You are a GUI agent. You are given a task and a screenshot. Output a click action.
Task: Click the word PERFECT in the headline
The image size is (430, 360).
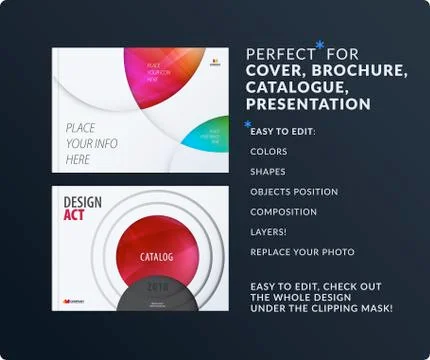click(x=278, y=55)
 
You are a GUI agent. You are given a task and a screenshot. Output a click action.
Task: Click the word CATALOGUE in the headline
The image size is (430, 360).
click(x=290, y=88)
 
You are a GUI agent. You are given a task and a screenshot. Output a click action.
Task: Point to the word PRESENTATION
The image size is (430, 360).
click(x=307, y=104)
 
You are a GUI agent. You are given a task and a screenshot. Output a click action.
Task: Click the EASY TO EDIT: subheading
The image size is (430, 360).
click(x=284, y=132)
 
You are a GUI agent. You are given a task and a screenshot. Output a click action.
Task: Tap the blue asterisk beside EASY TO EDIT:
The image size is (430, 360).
click(x=247, y=124)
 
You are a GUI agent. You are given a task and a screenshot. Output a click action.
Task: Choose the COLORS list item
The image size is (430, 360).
click(x=269, y=152)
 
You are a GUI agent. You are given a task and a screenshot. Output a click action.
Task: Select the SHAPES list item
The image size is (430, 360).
click(x=268, y=172)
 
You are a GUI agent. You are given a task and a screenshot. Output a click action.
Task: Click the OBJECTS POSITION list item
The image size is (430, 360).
click(x=294, y=192)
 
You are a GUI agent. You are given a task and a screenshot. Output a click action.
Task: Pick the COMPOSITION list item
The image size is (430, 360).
click(x=284, y=212)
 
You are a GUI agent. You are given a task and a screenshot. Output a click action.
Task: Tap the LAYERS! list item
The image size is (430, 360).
click(x=269, y=232)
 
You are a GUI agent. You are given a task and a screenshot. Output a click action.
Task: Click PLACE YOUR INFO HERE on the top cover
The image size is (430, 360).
click(x=91, y=144)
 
